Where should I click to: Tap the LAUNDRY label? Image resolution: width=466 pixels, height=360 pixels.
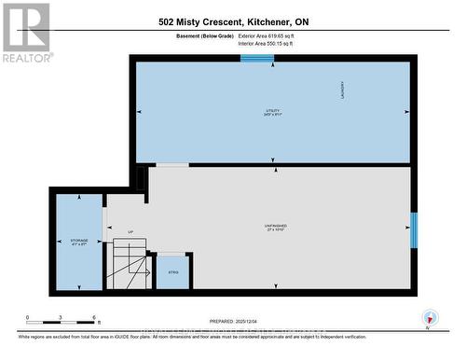click(343, 89)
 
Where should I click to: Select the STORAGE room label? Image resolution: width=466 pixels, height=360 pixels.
click(79, 242)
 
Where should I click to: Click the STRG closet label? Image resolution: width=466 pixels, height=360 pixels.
click(172, 272)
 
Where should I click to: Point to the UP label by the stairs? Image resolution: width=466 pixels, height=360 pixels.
click(130, 232)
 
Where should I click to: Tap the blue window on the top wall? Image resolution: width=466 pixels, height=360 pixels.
click(257, 59)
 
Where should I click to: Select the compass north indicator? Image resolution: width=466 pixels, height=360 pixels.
click(430, 317)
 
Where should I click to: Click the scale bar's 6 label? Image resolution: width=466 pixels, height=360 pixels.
click(95, 318)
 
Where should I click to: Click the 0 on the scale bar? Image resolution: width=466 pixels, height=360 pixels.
click(28, 318)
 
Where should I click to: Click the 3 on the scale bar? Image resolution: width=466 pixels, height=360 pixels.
click(62, 318)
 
